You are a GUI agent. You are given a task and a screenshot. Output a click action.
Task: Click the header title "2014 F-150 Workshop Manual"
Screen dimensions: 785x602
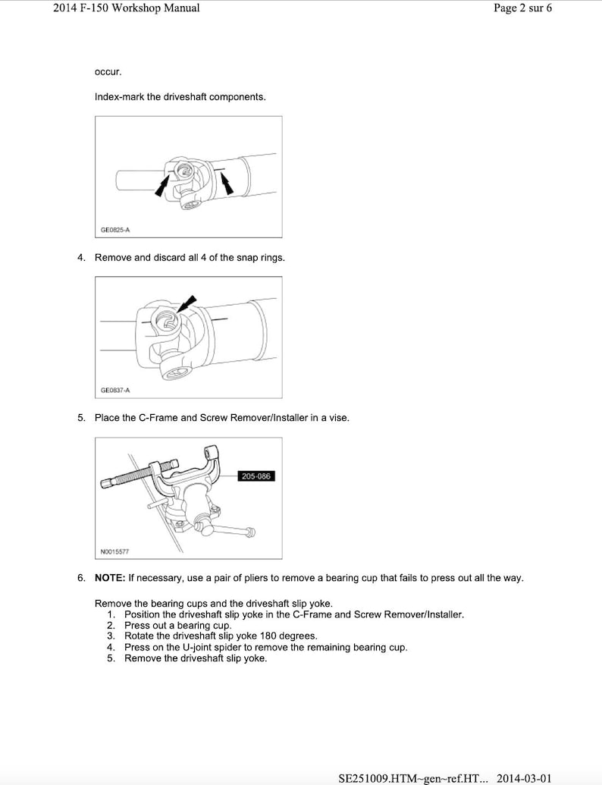pos(127,8)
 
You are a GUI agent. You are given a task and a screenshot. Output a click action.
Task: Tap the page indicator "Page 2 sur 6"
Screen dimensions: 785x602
pos(522,8)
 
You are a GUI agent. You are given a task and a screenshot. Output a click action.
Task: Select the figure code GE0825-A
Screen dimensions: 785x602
pos(114,229)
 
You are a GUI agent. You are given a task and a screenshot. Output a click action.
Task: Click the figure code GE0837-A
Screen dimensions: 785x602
pos(115,390)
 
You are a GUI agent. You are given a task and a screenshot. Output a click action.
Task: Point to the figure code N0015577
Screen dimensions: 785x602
pos(115,551)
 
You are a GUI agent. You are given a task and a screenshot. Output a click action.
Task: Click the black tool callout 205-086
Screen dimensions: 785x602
pos(256,476)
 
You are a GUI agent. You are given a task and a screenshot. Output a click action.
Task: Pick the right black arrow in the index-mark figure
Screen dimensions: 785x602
pos(225,183)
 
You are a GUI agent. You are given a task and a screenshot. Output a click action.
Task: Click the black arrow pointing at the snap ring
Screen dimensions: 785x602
pos(185,304)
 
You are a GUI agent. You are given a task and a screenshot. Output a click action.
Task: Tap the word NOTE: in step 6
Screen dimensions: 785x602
pos(110,578)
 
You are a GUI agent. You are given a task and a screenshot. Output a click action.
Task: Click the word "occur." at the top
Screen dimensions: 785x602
pos(108,72)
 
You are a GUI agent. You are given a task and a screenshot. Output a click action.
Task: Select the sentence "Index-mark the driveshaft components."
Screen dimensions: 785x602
pos(180,97)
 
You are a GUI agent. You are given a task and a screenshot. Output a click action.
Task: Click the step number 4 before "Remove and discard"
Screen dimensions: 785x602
pos(81,258)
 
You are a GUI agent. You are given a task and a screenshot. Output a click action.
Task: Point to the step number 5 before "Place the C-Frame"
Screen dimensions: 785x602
pos(81,418)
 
